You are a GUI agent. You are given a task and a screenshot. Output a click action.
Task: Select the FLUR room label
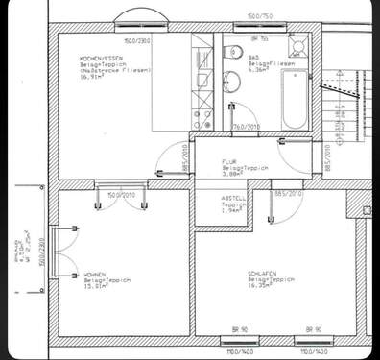tap(229, 161)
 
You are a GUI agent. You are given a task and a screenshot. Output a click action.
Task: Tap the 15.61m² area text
tap(94, 284)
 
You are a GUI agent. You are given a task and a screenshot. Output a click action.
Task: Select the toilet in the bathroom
tap(231, 80)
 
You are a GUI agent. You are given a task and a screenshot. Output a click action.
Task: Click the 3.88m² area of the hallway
tap(231, 174)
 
